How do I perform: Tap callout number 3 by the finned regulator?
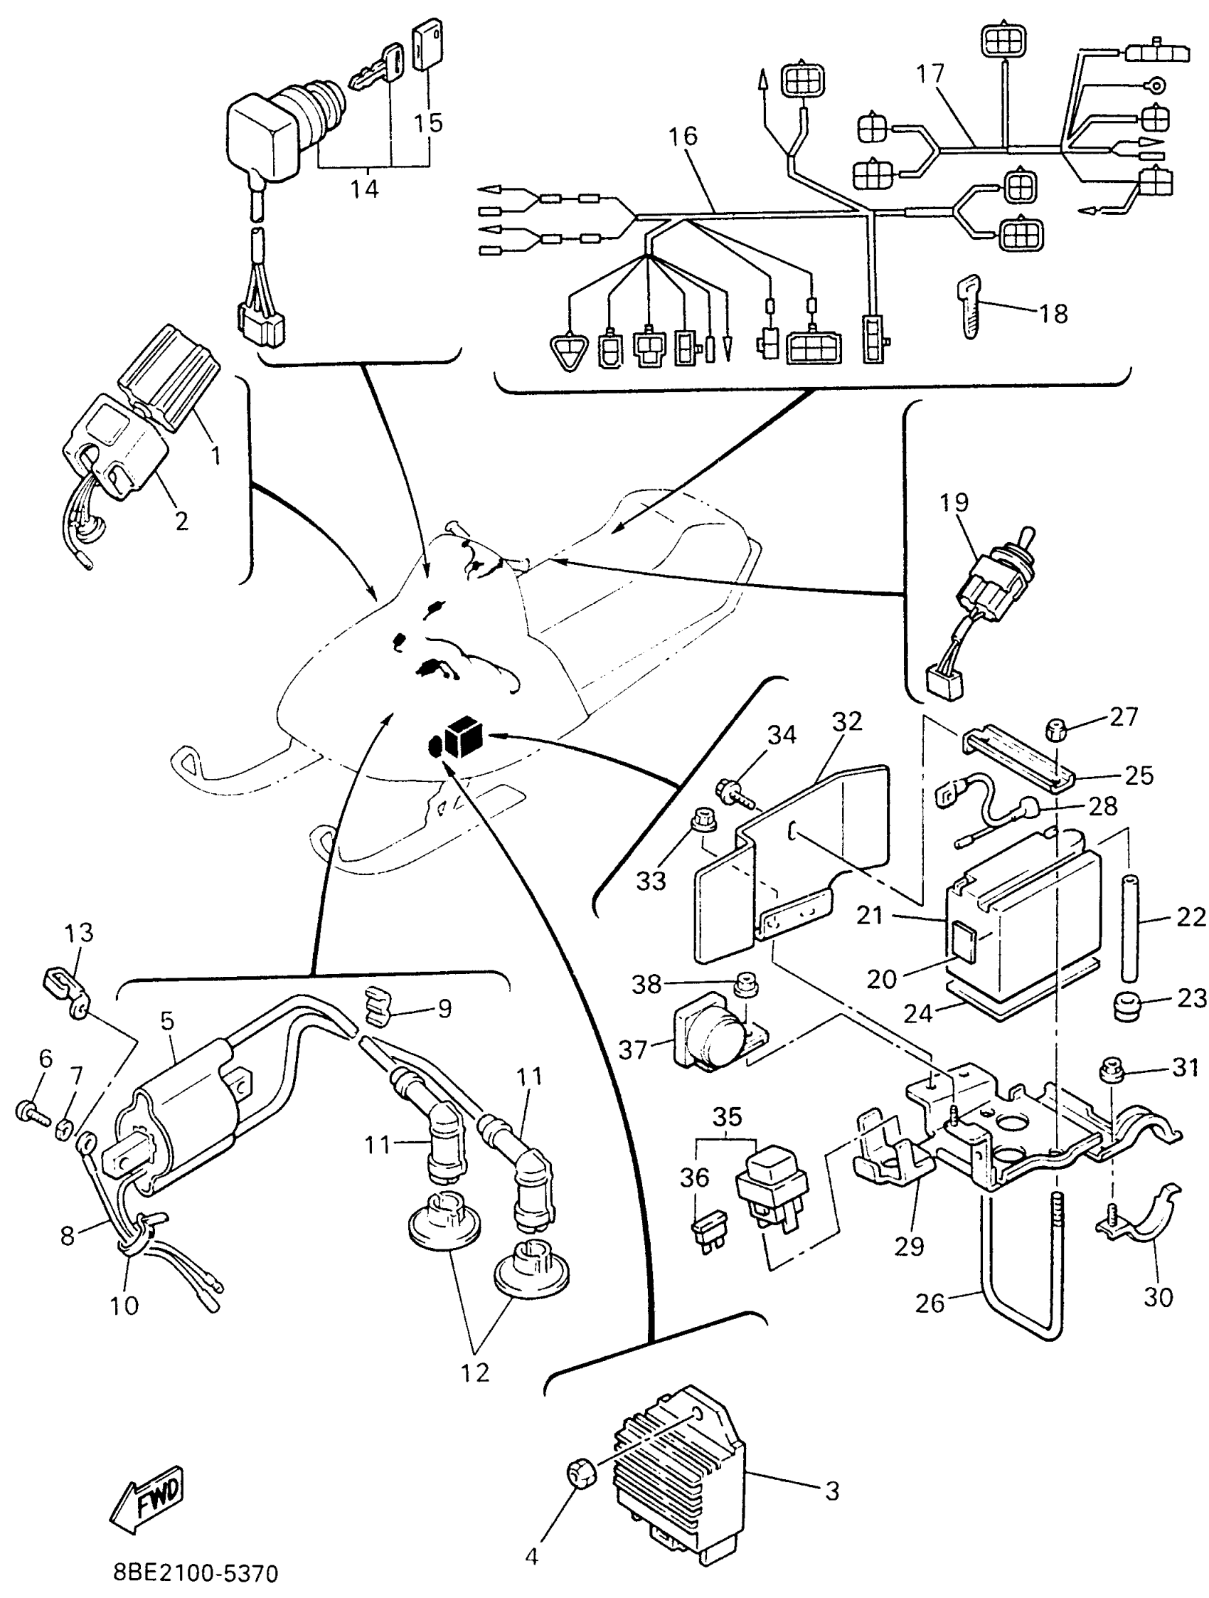(x=832, y=1491)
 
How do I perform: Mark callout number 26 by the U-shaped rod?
(x=929, y=1303)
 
